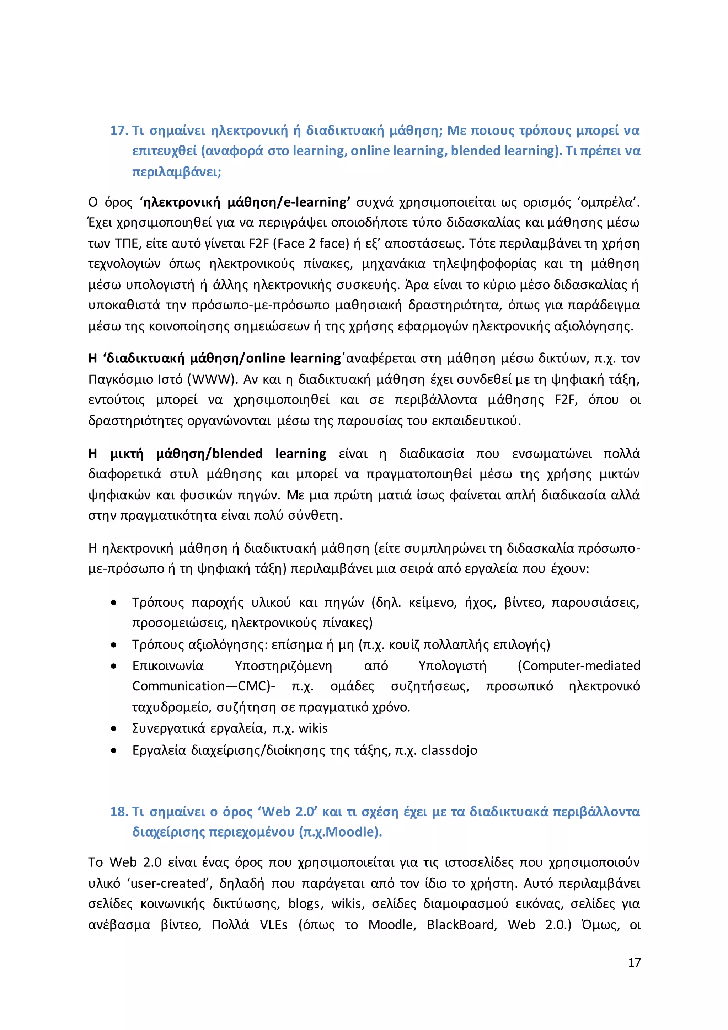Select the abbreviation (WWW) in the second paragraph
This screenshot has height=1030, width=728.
click(x=212, y=379)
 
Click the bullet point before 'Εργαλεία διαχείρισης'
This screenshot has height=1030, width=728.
click(x=114, y=751)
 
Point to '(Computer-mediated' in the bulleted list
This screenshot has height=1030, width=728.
click(x=579, y=666)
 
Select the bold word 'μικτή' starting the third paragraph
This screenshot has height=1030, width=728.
click(x=127, y=454)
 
